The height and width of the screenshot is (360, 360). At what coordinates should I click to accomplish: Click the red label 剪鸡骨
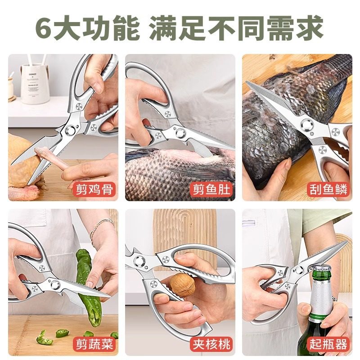(x=94, y=189)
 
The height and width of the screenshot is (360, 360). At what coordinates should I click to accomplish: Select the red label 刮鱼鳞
(x=329, y=189)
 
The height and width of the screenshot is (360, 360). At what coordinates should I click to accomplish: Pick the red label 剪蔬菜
(x=94, y=345)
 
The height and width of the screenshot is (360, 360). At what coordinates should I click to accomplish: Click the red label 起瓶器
(x=329, y=345)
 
